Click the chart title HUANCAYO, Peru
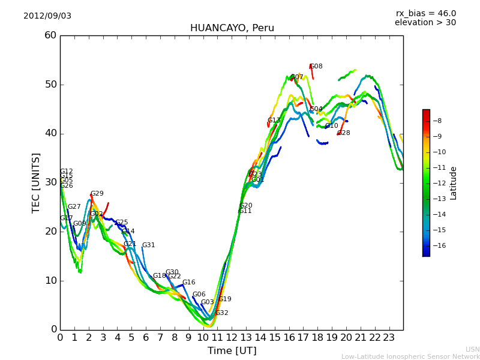coord(232,28)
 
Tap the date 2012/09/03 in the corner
coord(47,16)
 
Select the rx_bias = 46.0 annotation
coord(425,13)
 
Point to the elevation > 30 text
coord(425,23)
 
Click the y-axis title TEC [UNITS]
coord(36,182)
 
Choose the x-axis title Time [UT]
coord(232,350)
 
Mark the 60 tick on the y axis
coord(50,35)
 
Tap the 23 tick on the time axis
coord(389,337)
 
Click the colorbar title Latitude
coord(454,182)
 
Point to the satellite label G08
coord(316,67)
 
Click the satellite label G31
coord(148,245)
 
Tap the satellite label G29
coord(97,194)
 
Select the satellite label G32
coord(221,313)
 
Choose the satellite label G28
coord(344,133)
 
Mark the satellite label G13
coord(274,121)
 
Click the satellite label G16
coord(188,283)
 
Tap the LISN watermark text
coord(473,349)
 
